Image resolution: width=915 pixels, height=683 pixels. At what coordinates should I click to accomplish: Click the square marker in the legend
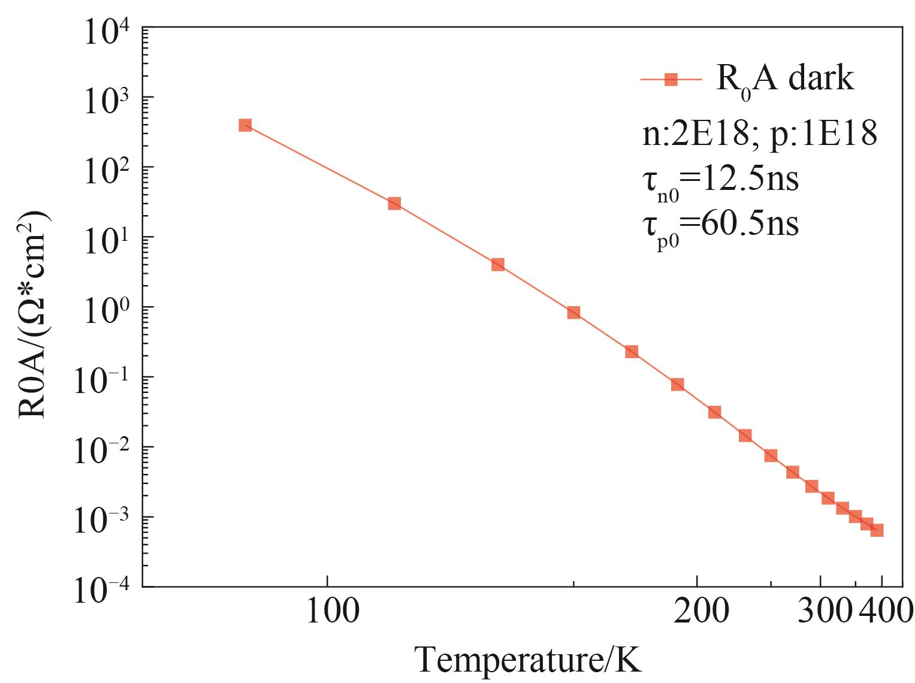(671, 79)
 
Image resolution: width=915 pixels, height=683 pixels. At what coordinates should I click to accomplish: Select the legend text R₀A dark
(785, 79)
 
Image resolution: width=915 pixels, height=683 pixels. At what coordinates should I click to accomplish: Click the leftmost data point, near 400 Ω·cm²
(245, 125)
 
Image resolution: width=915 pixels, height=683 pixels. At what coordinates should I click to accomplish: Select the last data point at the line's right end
(877, 530)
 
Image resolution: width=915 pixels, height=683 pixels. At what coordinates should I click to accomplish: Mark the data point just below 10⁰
(573, 312)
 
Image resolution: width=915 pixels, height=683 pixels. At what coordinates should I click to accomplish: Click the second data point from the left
(394, 203)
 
